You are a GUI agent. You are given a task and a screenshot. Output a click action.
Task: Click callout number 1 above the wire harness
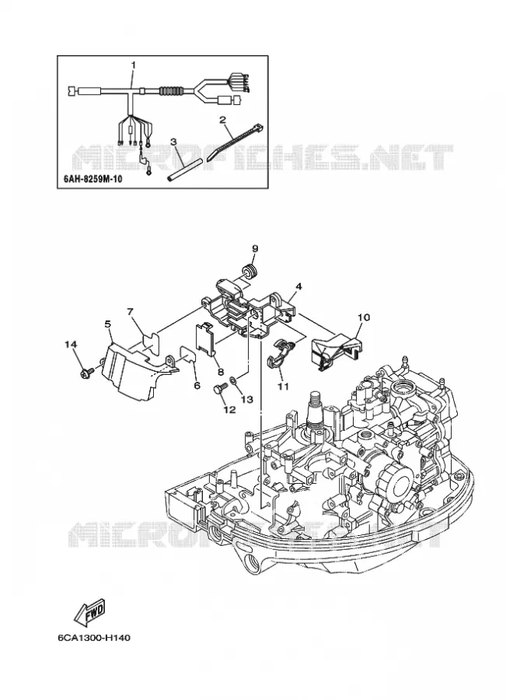click(x=132, y=65)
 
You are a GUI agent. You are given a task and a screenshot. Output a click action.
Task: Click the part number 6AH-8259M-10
click(x=90, y=179)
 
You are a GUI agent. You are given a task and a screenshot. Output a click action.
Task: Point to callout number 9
click(x=255, y=248)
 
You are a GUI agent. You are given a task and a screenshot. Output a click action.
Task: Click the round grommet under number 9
click(x=250, y=271)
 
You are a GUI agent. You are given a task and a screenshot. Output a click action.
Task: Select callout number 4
click(x=298, y=286)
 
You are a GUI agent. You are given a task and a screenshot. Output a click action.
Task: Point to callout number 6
click(x=197, y=385)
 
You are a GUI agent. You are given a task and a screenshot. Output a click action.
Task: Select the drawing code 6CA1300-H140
click(x=94, y=638)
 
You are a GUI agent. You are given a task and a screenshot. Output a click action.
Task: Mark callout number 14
click(x=71, y=345)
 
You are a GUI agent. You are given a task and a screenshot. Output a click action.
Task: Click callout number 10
click(x=364, y=317)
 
